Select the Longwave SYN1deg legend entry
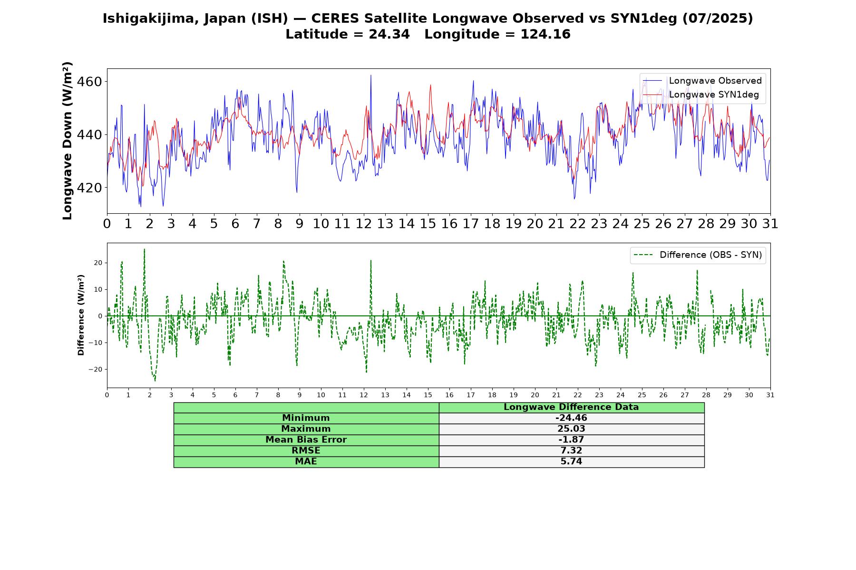[700, 95]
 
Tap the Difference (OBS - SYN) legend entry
[698, 255]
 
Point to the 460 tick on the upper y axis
[89, 82]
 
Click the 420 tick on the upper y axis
[89, 188]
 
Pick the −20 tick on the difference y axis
[95, 370]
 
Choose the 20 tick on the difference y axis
[98, 263]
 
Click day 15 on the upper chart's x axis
[428, 224]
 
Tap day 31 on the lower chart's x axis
[770, 395]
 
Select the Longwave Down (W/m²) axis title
[68, 141]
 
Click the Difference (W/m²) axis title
[81, 315]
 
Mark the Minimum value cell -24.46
[571, 418]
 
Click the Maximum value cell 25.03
[571, 429]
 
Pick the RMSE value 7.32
[571, 451]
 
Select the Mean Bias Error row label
[306, 440]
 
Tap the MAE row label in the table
[306, 462]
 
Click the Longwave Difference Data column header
[571, 407]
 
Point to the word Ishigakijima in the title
[146, 19]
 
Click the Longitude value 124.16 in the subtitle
[545, 34]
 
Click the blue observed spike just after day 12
[371, 76]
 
